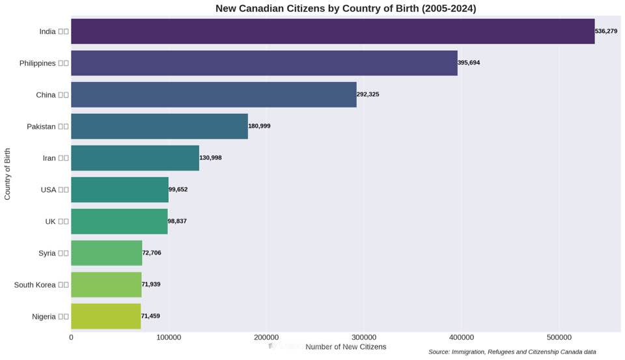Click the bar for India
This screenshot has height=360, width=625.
tap(333, 31)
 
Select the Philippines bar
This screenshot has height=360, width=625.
tap(264, 63)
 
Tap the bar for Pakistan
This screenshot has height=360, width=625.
tap(160, 126)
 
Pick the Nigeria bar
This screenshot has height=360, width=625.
tap(105, 316)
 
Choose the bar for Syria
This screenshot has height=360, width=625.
tap(106, 253)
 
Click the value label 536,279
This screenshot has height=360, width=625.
tap(606, 31)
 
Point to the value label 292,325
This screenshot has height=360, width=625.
tap(368, 94)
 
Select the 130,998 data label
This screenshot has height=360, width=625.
tap(210, 158)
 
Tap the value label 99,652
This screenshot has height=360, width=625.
tap(178, 189)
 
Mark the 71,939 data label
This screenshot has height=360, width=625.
tap(151, 284)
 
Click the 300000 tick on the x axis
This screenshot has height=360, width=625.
tap(363, 338)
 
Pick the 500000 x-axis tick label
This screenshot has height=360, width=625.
tap(559, 338)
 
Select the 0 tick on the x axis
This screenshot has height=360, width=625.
tap(71, 338)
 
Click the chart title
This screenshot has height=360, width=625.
tap(346, 8)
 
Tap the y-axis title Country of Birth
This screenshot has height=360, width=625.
tap(7, 174)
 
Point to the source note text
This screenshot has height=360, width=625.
tap(512, 352)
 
